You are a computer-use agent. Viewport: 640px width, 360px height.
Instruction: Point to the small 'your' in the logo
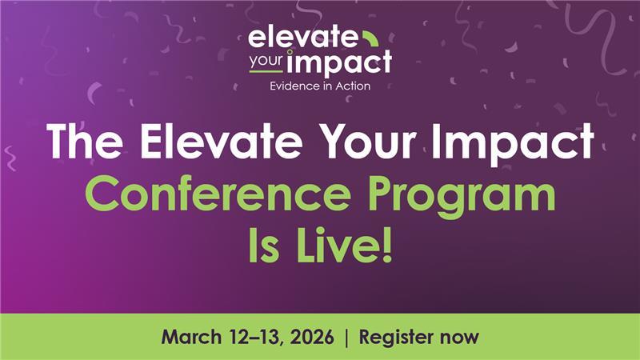268,60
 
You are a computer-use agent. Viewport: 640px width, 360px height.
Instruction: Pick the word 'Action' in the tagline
352,86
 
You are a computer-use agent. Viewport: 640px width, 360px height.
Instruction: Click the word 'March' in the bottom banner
193,337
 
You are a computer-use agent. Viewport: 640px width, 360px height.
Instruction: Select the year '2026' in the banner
313,337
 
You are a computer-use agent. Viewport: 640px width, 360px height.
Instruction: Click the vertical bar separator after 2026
346,337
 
